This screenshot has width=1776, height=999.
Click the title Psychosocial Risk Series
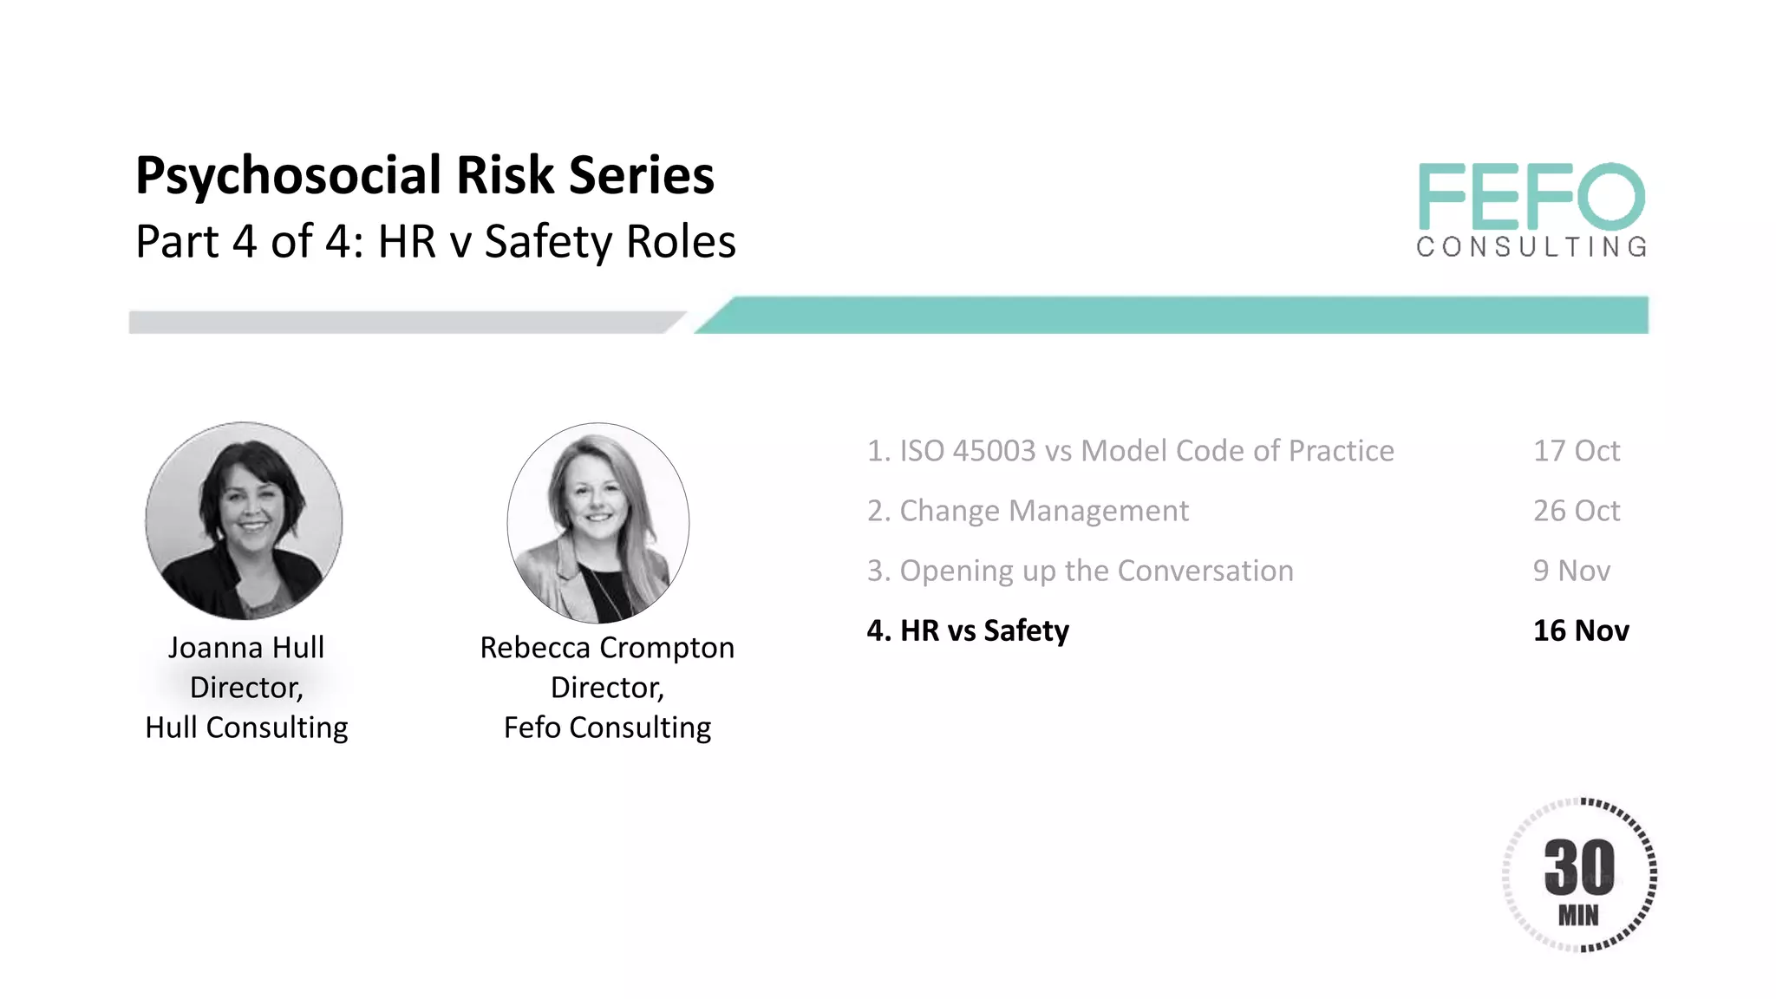pyautogui.click(x=425, y=176)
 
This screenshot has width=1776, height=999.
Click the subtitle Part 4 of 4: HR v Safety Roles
pyautogui.click(x=435, y=242)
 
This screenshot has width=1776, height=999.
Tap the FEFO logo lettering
pyautogui.click(x=1531, y=197)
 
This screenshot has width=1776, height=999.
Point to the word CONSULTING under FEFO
pyautogui.click(x=1531, y=247)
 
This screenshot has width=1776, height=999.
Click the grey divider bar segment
pyautogui.click(x=399, y=323)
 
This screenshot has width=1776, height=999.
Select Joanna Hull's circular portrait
pyautogui.click(x=244, y=520)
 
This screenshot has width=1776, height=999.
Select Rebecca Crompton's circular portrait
pyautogui.click(x=598, y=522)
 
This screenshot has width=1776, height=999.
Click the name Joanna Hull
pyautogui.click(x=246, y=648)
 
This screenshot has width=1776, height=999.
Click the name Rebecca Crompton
pyautogui.click(x=607, y=648)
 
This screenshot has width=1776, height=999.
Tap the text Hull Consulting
pyautogui.click(x=246, y=728)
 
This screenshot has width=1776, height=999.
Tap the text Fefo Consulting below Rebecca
pyautogui.click(x=607, y=728)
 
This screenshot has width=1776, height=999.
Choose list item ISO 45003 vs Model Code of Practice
pyautogui.click(x=1131, y=451)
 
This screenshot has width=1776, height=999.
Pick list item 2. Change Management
pyautogui.click(x=1028, y=511)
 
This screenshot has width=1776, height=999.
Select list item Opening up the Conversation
pyautogui.click(x=1081, y=571)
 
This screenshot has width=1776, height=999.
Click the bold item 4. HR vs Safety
pyautogui.click(x=968, y=630)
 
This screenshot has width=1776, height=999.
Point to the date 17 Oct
pyautogui.click(x=1576, y=451)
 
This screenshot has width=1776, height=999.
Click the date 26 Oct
pyautogui.click(x=1576, y=511)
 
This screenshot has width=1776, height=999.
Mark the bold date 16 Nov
pyautogui.click(x=1581, y=630)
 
